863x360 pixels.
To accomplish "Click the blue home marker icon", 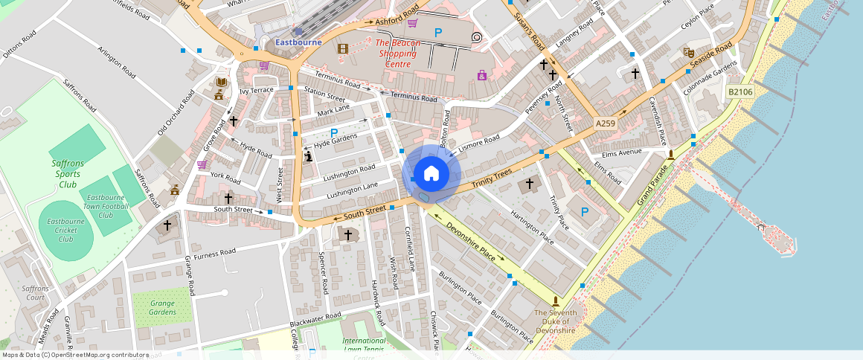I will (x=431, y=174).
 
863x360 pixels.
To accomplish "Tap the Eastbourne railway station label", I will (x=298, y=42).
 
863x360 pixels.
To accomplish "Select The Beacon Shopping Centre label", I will (x=398, y=54).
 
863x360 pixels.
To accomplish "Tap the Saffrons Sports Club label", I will (x=68, y=173).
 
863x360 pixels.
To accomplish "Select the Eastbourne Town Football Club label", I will (x=105, y=206).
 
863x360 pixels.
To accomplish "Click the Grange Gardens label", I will (x=162, y=307).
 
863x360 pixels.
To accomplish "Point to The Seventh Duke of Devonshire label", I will (x=555, y=321).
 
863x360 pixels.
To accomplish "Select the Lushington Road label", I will (x=349, y=173).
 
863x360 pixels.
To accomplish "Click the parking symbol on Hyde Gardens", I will (x=324, y=132).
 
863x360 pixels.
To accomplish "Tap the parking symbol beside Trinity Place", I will (x=584, y=212).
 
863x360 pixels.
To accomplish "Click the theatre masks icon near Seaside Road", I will (x=689, y=53).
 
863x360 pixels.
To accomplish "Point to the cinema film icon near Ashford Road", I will (x=342, y=49).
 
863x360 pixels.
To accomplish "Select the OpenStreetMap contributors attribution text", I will (x=76, y=355).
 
